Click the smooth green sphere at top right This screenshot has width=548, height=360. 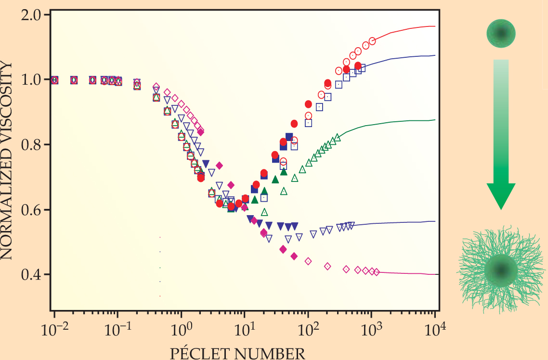coord(501,33)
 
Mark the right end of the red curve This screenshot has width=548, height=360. coord(435,26)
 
